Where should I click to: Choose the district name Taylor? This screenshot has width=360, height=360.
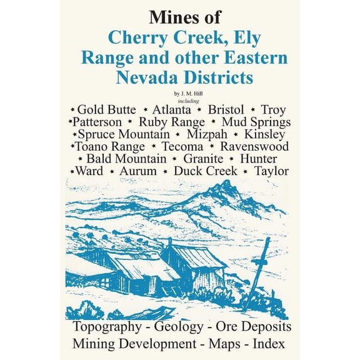272,170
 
